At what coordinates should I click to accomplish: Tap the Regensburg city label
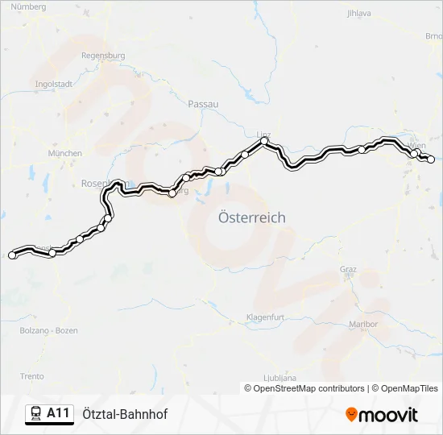coord(103,56)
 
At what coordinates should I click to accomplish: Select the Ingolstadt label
coord(55,83)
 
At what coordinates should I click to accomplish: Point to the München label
coord(65,153)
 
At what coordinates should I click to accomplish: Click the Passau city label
coord(203,104)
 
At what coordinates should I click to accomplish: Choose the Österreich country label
coord(252,217)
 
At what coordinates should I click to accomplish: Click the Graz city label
coord(348,269)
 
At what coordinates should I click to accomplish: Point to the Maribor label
coord(364,324)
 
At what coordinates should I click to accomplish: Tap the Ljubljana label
coord(279,377)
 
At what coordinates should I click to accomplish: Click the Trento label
coord(31,376)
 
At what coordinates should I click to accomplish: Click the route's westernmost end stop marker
coord(12,255)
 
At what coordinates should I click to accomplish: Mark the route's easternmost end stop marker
coord(430,159)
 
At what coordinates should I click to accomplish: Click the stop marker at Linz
coord(263,142)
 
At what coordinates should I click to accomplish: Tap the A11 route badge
coord(48,414)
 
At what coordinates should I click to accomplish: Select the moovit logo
coord(382,415)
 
